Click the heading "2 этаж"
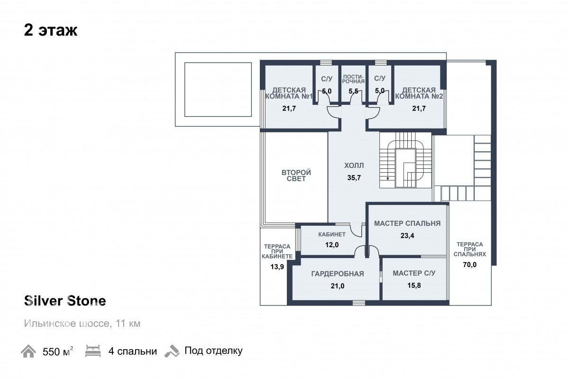click(x=51, y=30)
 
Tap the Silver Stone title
click(x=65, y=301)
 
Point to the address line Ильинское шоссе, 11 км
click(x=82, y=324)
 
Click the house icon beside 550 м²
click(x=28, y=351)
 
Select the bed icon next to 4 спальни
click(x=93, y=351)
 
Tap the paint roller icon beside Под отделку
click(x=172, y=351)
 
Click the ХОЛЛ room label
click(x=354, y=166)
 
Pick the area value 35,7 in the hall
click(x=354, y=178)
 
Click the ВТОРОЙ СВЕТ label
click(x=296, y=176)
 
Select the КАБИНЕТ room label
click(x=332, y=234)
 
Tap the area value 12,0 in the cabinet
click(x=332, y=245)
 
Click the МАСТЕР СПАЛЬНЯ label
click(x=407, y=223)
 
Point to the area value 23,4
click(x=407, y=236)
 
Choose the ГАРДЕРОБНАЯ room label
click(x=338, y=274)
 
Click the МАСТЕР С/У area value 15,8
click(x=414, y=286)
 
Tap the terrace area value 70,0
click(x=470, y=265)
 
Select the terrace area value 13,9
click(x=277, y=267)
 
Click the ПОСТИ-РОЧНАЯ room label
click(x=353, y=79)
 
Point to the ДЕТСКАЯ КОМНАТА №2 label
click(x=419, y=93)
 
